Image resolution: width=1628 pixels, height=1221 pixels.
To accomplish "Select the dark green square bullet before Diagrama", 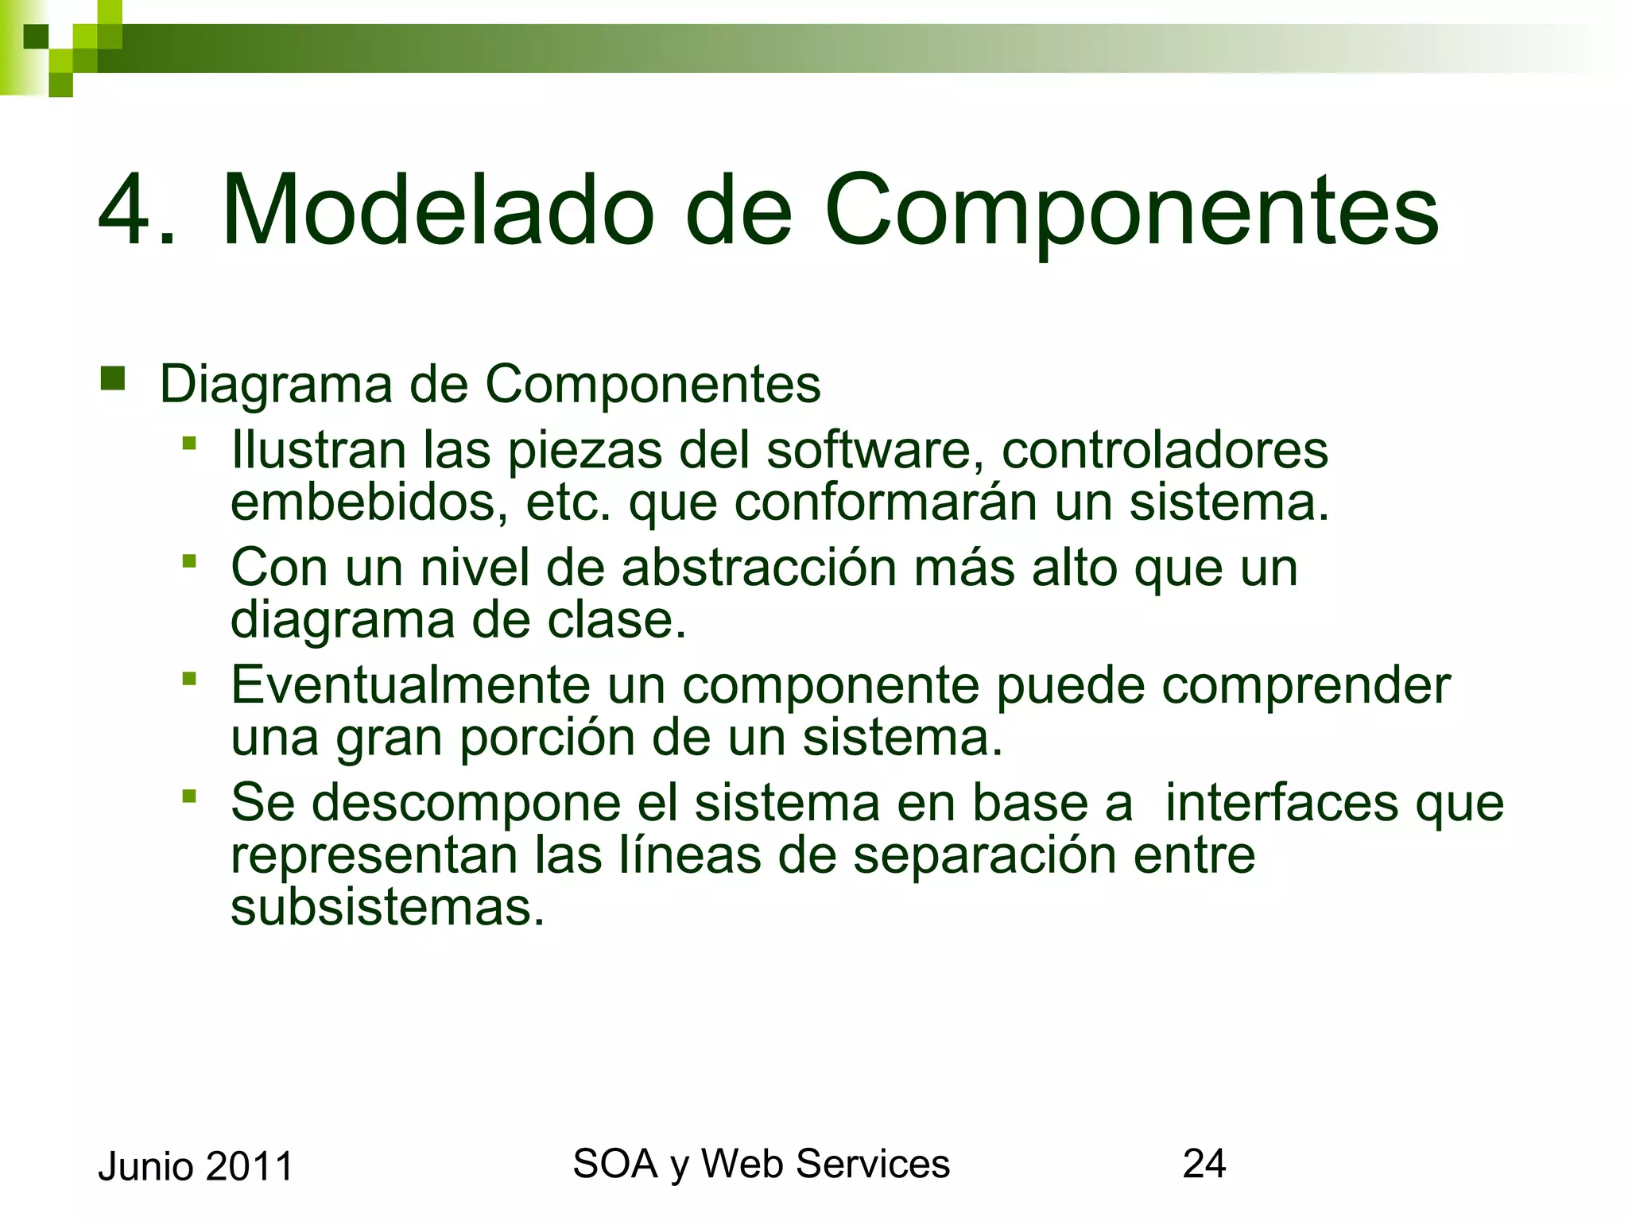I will (x=113, y=378).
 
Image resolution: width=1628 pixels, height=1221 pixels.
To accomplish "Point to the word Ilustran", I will (x=318, y=450).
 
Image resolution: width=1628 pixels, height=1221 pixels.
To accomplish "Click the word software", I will (x=868, y=450).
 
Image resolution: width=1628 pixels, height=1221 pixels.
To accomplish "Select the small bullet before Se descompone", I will (x=188, y=795).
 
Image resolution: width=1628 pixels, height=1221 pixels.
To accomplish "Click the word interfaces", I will (x=1280, y=803).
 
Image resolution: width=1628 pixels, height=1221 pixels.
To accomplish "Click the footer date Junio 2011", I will (x=196, y=1167).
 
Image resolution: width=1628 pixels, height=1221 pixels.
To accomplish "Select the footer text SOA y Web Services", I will (x=761, y=1164).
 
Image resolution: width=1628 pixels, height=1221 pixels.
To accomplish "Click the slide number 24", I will (x=1204, y=1164).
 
